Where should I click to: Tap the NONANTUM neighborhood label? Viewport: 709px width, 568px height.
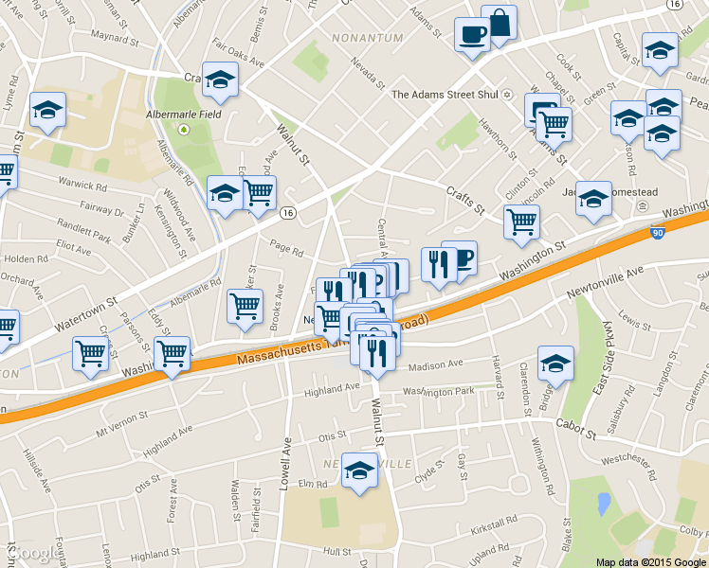click(368, 38)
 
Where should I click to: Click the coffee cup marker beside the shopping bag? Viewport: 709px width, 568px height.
click(471, 35)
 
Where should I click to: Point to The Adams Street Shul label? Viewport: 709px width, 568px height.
click(445, 94)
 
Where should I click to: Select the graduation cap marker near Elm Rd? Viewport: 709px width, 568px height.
click(359, 470)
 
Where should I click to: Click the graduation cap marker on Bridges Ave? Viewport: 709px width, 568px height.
click(556, 363)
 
